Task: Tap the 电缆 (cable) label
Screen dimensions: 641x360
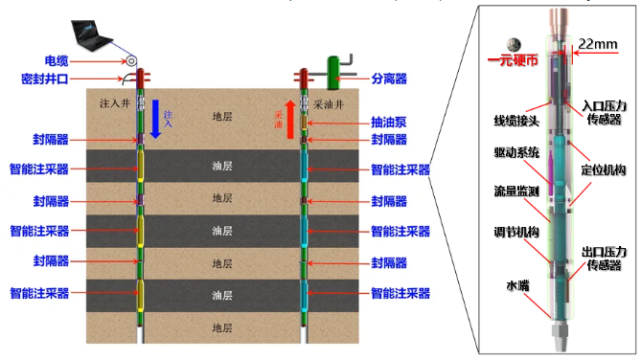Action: point(57,61)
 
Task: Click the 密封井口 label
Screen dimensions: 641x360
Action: point(45,79)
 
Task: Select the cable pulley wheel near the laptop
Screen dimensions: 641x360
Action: point(131,61)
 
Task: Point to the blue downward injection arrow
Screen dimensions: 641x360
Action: point(155,119)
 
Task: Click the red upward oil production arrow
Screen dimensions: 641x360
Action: point(290,120)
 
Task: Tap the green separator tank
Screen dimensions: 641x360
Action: point(333,73)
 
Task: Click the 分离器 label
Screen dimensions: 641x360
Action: point(389,79)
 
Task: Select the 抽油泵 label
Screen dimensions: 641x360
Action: point(389,123)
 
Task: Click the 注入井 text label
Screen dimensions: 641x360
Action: point(115,103)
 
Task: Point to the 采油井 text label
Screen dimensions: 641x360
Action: point(329,105)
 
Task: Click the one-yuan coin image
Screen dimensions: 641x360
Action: point(514,44)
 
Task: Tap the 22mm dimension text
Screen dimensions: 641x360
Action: point(598,44)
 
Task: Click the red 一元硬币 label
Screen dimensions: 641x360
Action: point(513,60)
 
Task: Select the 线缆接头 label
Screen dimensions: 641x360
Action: point(516,121)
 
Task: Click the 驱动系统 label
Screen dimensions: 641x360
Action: point(516,152)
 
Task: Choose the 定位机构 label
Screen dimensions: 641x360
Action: point(604,170)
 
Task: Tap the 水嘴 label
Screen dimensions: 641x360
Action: point(517,285)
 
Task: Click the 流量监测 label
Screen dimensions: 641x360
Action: point(516,191)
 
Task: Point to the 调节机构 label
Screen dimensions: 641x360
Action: point(516,232)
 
